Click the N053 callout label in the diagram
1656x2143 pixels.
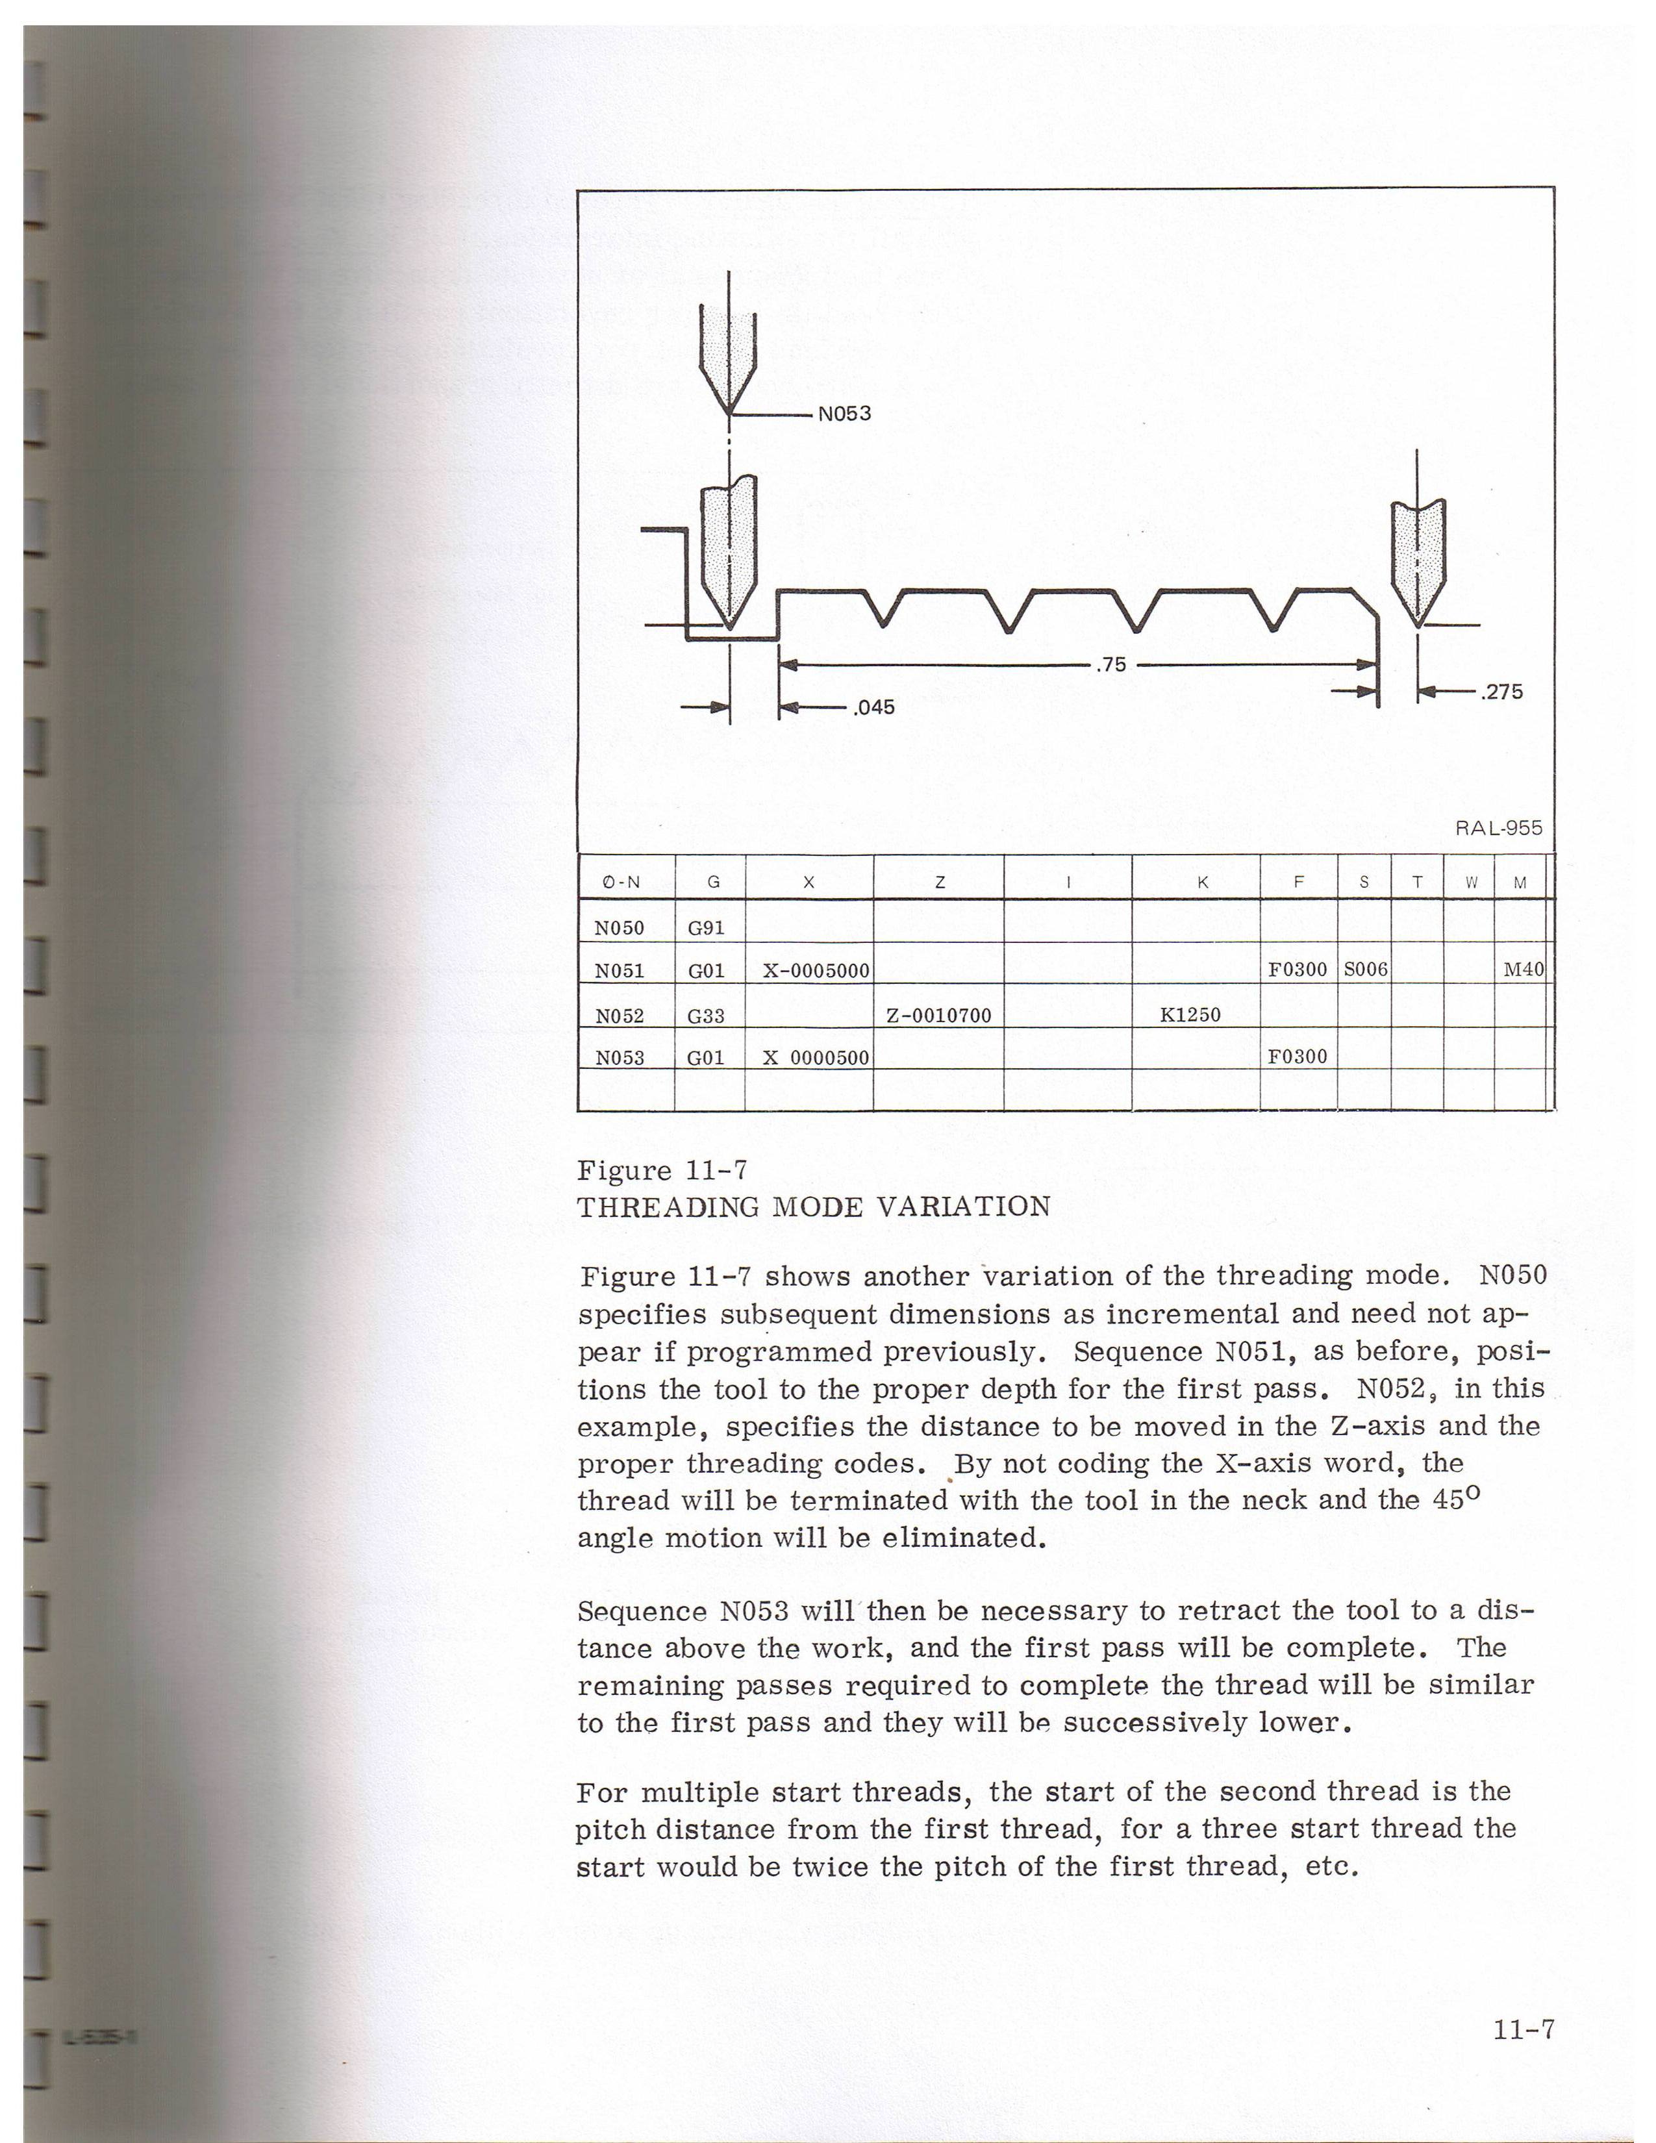coord(845,413)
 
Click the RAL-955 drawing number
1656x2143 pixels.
coord(1498,828)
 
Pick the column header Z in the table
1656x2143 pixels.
coord(939,882)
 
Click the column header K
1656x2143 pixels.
coord(1202,882)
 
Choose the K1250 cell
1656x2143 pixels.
coord(1190,1014)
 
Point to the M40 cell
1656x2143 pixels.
coord(1524,970)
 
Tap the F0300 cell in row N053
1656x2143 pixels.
coord(1297,1057)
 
